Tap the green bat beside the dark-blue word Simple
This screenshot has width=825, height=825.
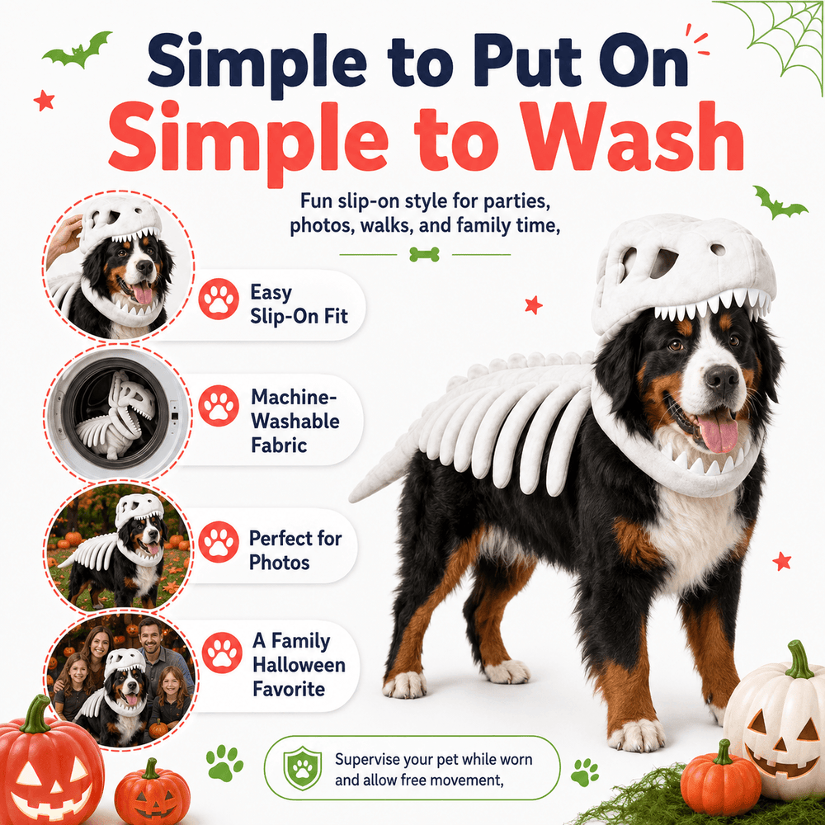tap(78, 49)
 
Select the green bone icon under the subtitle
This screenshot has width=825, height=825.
tap(424, 255)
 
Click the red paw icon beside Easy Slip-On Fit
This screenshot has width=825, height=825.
tap(219, 299)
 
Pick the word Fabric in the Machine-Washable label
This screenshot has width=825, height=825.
tap(279, 445)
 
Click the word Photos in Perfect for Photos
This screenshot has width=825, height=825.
tap(279, 562)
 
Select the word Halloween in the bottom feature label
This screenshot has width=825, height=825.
tap(299, 664)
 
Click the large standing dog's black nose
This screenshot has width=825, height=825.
tap(721, 377)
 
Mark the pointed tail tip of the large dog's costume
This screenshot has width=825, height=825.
tap(351, 498)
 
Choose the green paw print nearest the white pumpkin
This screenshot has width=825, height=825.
tap(585, 772)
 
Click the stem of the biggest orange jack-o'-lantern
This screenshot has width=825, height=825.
tap(35, 714)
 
